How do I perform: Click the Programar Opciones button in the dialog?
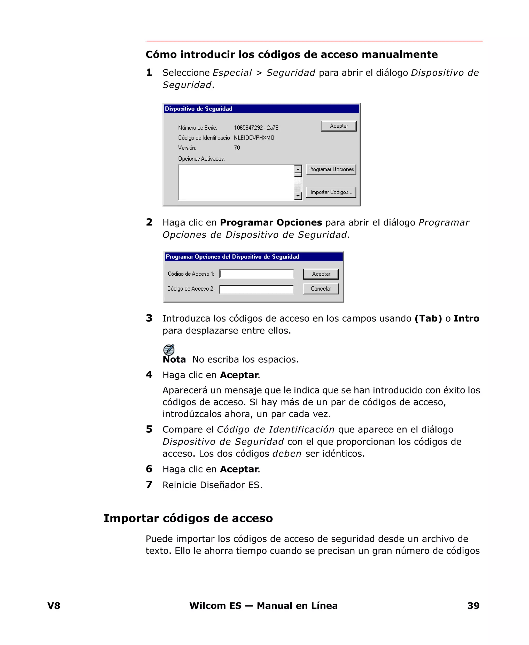pyautogui.click(x=331, y=169)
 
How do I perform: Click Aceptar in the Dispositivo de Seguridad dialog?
pyautogui.click(x=339, y=126)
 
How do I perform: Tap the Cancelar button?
pyautogui.click(x=321, y=289)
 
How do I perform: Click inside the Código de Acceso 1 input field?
pyautogui.click(x=256, y=274)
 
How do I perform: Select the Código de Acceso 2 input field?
pyautogui.click(x=256, y=289)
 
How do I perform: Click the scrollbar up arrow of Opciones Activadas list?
pyautogui.click(x=298, y=169)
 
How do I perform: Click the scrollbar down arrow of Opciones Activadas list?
pyautogui.click(x=298, y=196)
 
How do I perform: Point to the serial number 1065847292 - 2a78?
pyautogui.click(x=256, y=128)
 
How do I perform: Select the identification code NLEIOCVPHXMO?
pyautogui.click(x=254, y=138)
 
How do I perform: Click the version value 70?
pyautogui.click(x=237, y=148)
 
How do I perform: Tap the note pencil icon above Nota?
pyautogui.click(x=169, y=350)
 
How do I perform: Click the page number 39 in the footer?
pyautogui.click(x=473, y=605)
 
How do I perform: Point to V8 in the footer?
pyautogui.click(x=54, y=605)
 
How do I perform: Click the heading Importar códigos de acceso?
pyautogui.click(x=188, y=518)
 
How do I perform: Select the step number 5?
pyautogui.click(x=149, y=429)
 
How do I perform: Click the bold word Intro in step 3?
pyautogui.click(x=466, y=318)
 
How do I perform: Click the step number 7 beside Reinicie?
pyautogui.click(x=149, y=484)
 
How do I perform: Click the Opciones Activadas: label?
pyautogui.click(x=201, y=159)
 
